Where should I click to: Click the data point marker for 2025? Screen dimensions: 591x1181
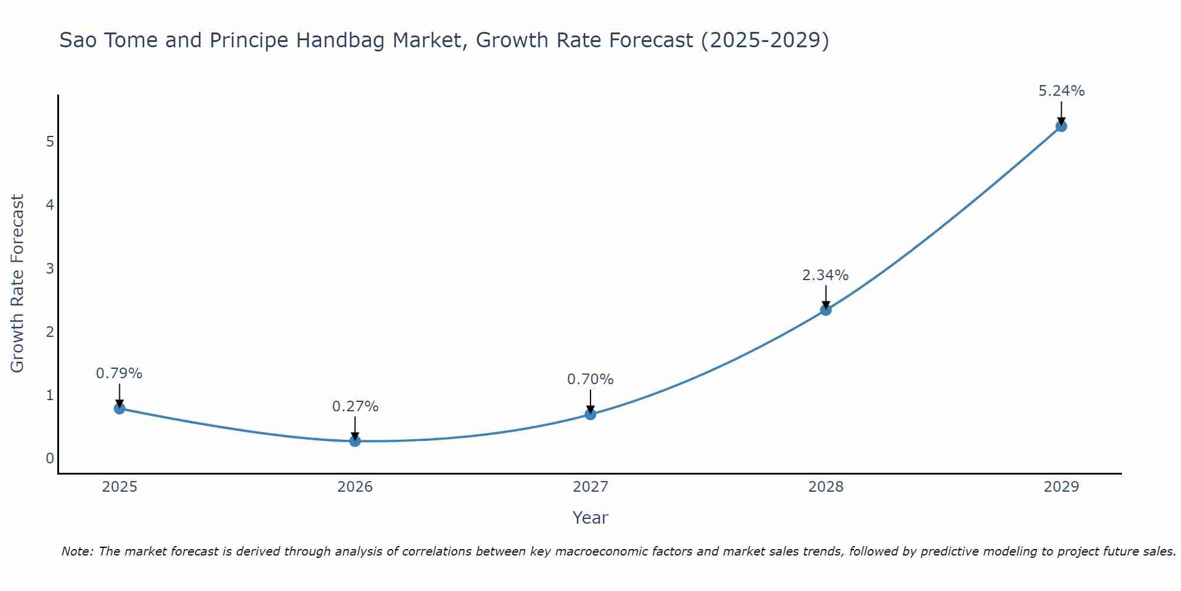tap(119, 408)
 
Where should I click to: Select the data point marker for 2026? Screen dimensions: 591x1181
tap(355, 441)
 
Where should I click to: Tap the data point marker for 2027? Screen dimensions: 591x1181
tap(590, 414)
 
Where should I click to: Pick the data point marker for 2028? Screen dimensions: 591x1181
tap(826, 310)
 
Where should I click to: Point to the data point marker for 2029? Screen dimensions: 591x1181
tap(1061, 126)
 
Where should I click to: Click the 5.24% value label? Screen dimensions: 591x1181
tap(1061, 91)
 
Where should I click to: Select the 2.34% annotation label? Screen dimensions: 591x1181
tap(825, 275)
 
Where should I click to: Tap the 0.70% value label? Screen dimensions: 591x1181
tap(590, 379)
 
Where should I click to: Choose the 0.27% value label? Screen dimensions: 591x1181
tap(355, 407)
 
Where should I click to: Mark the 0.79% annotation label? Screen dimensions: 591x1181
tap(119, 374)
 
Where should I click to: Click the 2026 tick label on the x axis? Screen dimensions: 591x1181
tap(355, 487)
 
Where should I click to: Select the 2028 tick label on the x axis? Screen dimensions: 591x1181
tap(826, 487)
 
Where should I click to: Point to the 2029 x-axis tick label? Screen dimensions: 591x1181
tap(1061, 487)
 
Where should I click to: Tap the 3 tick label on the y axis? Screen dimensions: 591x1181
tap(50, 268)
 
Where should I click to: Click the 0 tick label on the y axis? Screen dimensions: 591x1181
tap(50, 459)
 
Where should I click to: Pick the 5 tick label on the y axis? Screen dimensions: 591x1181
tap(50, 141)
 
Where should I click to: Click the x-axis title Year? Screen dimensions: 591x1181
tap(590, 518)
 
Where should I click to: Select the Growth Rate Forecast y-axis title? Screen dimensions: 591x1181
tap(18, 283)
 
